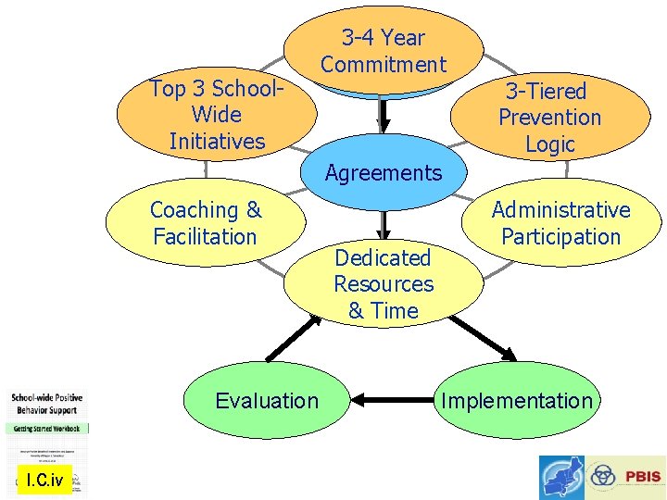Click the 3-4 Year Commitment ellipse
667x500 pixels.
pyautogui.click(x=384, y=50)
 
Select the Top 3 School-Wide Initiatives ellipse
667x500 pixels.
pyautogui.click(x=216, y=116)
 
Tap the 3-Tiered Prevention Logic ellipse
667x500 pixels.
pyautogui.click(x=549, y=118)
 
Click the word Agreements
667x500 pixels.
pyautogui.click(x=384, y=173)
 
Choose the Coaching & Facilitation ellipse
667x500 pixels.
pyautogui.click(x=206, y=223)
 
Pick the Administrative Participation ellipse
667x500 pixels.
pyautogui.click(x=560, y=223)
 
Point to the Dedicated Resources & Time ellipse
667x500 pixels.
pyautogui.click(x=384, y=284)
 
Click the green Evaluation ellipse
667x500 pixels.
pyautogui.click(x=267, y=401)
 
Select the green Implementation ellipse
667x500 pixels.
pyautogui.click(x=516, y=401)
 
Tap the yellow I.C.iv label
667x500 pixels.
pyautogui.click(x=44, y=481)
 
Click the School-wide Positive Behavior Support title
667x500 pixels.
pyautogui.click(x=45, y=404)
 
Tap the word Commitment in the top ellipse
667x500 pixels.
pyautogui.click(x=384, y=65)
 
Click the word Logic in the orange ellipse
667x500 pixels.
pyautogui.click(x=550, y=144)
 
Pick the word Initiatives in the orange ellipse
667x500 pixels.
pyautogui.click(x=217, y=142)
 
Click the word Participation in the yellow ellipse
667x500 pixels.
pyautogui.click(x=560, y=237)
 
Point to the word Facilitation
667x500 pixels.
pyautogui.click(x=205, y=237)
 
